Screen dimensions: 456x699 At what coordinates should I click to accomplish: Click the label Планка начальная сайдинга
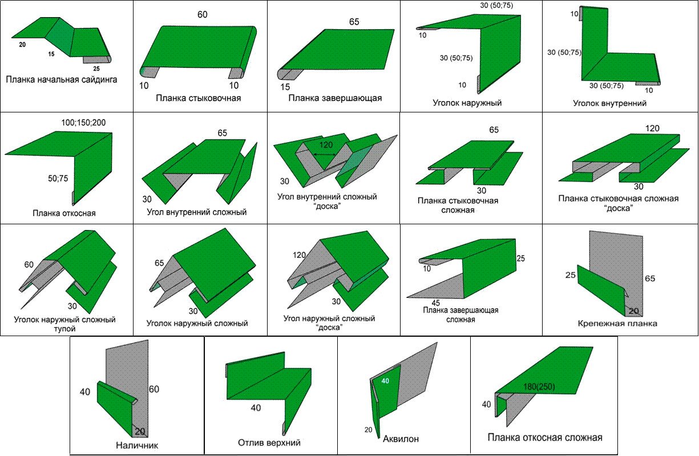pos(62,79)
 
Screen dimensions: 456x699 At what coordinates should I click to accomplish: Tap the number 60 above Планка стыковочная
pos(203,14)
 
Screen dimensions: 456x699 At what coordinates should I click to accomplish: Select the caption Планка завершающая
pos(335,98)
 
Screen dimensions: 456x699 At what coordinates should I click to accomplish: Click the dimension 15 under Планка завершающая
pos(285,87)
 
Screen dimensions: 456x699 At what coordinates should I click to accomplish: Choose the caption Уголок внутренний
pos(609,103)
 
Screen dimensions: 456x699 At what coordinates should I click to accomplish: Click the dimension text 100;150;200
pos(87,123)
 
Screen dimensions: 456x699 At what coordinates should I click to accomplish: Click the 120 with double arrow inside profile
pos(326,145)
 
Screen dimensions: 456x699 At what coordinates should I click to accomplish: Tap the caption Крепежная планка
pos(617,323)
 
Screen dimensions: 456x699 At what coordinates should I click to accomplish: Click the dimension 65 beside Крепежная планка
pos(650,279)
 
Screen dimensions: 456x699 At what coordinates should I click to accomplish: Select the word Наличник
pos(136,446)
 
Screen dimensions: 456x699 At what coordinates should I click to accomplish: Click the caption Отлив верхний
pos(269,442)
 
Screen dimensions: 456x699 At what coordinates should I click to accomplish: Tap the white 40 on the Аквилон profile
pos(385,381)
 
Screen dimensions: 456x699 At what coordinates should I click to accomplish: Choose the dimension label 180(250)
pos(539,387)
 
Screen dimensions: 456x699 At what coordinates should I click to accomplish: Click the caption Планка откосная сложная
pos(545,438)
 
